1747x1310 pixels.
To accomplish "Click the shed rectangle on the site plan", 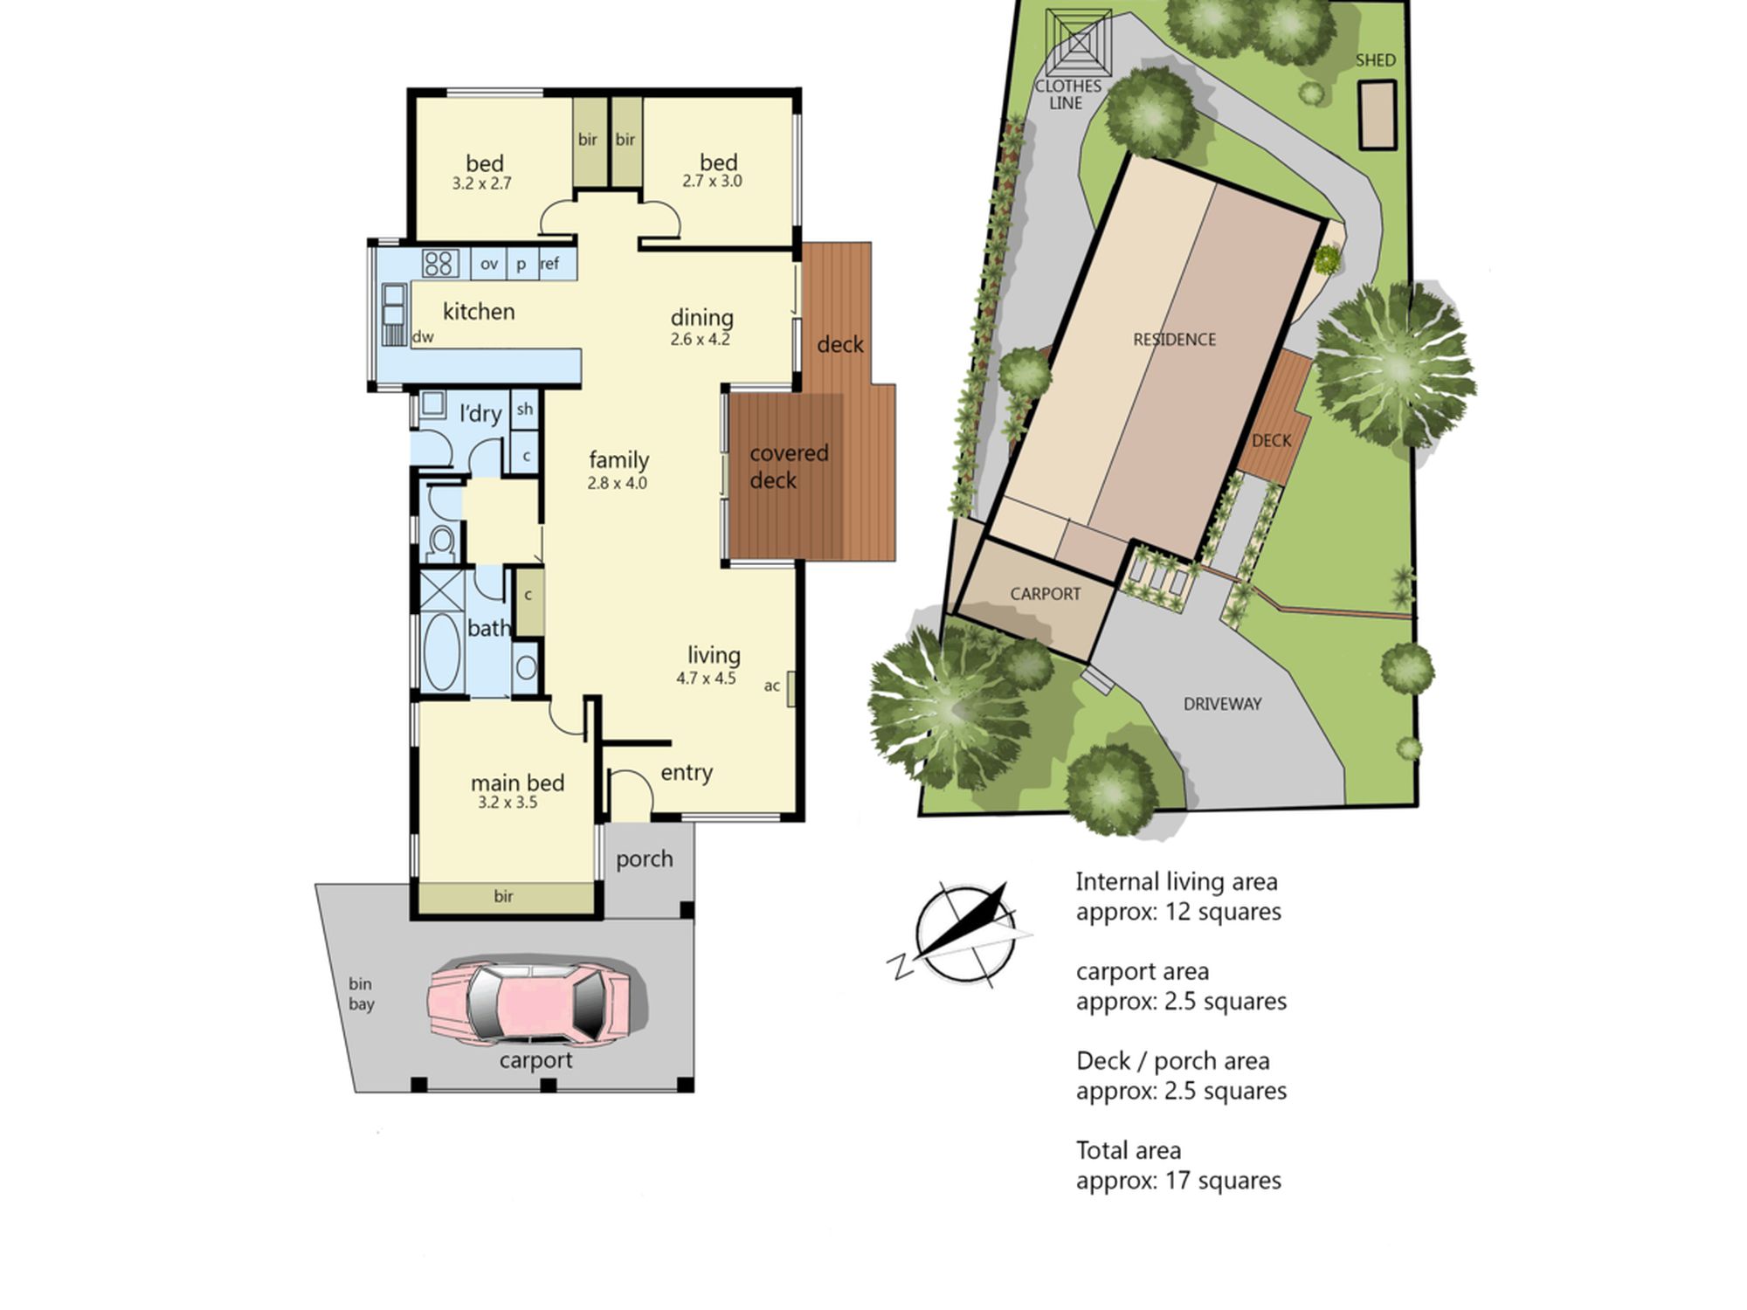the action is point(1377,114).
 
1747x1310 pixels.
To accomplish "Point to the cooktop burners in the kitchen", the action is point(439,263).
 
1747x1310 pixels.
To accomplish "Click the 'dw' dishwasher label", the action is point(423,337).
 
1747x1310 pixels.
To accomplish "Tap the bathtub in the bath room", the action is point(442,652).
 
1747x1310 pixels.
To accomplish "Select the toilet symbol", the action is point(442,542).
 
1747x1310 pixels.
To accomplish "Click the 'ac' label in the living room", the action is point(771,686).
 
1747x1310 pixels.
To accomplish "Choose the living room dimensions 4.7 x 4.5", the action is point(706,679).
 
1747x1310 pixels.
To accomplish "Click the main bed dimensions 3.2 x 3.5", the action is point(508,803).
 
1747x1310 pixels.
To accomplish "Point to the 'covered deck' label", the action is point(788,466).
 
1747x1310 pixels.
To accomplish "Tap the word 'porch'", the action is point(645,859).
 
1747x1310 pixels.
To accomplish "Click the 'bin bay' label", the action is point(361,994).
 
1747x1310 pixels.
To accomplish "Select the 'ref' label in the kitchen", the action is point(549,264).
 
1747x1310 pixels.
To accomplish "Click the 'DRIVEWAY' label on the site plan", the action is point(1222,704).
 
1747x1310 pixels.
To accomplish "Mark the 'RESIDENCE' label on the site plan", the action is point(1174,340).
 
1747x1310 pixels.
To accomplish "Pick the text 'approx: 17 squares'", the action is point(1178,1181).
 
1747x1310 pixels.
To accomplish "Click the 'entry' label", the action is point(687,773).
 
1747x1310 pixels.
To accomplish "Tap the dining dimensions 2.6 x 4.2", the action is point(700,340).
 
